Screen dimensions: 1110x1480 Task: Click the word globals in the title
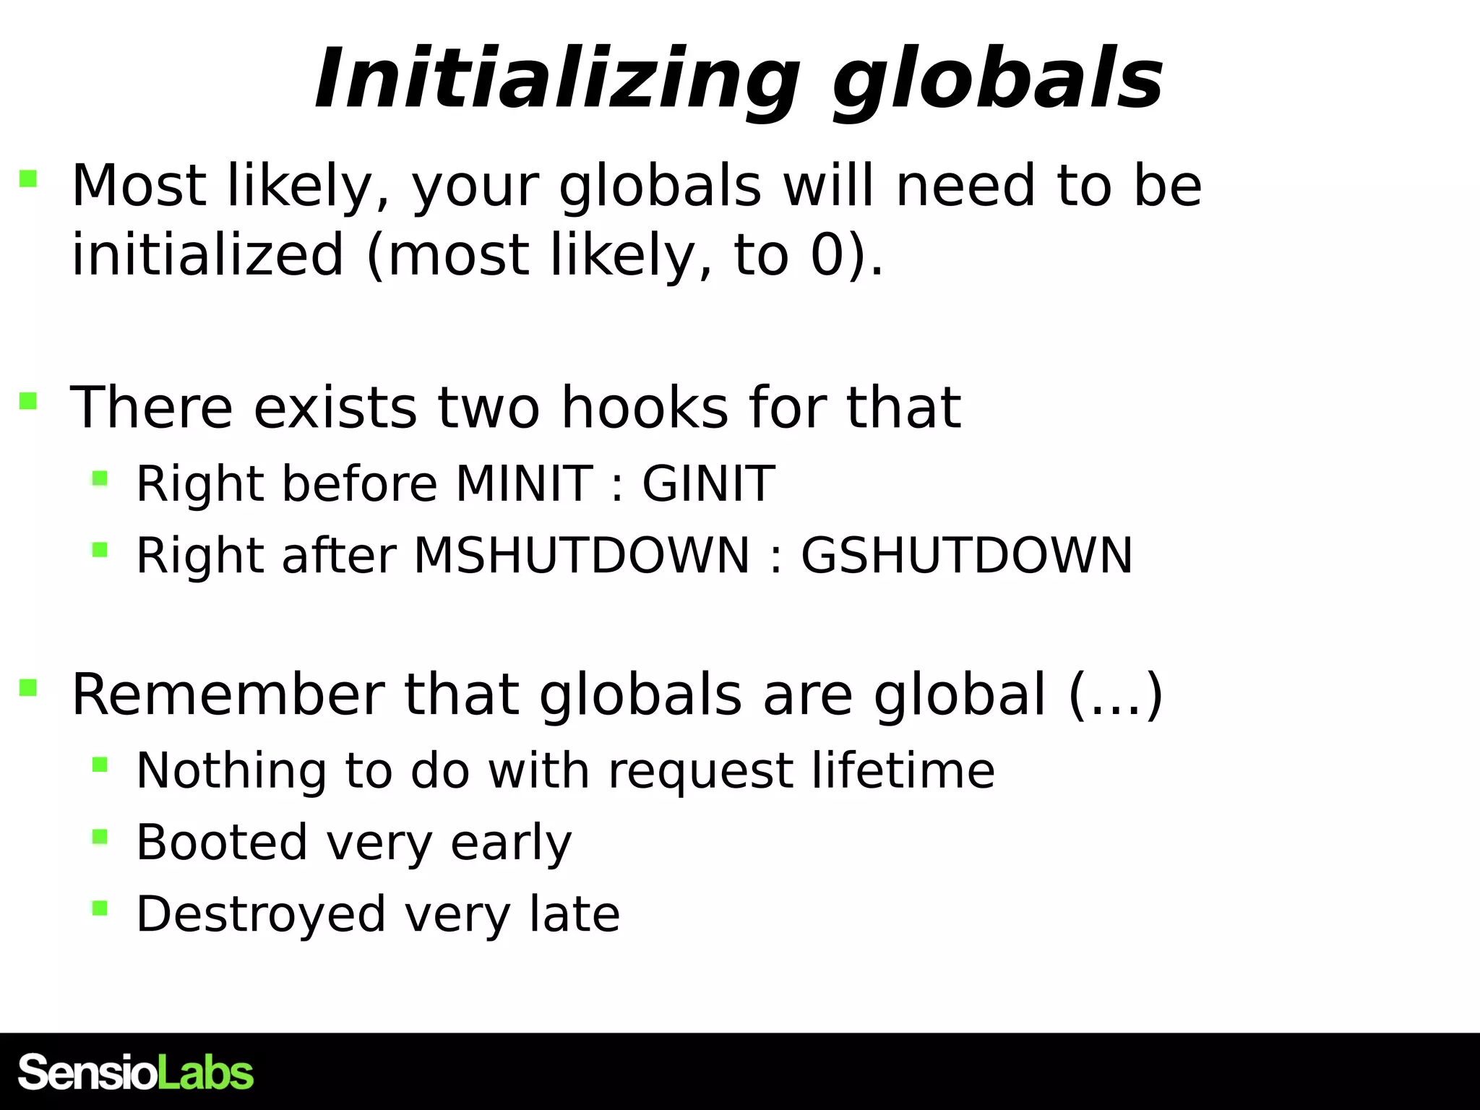point(997,79)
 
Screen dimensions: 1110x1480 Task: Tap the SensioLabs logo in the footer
point(136,1072)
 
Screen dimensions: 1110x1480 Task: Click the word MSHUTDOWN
point(581,555)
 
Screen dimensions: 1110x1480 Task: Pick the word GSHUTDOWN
point(967,555)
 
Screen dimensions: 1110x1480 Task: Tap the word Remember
point(227,694)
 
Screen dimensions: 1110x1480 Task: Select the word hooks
point(645,407)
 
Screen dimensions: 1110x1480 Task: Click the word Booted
point(222,842)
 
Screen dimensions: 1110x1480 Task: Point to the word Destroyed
point(261,913)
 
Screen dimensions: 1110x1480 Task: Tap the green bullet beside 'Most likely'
point(28,178)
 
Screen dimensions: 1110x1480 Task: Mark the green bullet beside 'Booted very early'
point(100,836)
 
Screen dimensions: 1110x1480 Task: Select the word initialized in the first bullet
point(207,254)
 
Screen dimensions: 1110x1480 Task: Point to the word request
point(700,772)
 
